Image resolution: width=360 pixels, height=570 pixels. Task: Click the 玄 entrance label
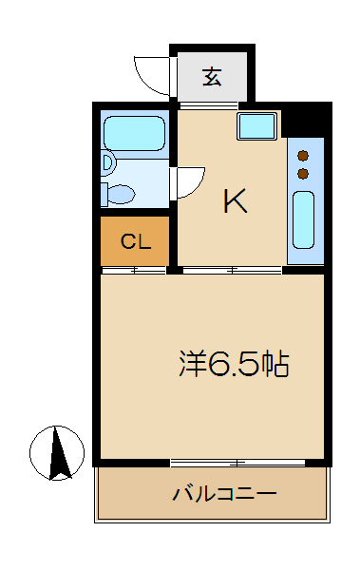[x=212, y=77]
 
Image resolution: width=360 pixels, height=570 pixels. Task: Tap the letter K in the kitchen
[x=236, y=200]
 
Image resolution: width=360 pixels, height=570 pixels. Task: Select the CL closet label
[x=135, y=241]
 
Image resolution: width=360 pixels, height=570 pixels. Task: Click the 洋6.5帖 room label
[x=235, y=363]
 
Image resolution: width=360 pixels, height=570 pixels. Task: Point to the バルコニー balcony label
[x=224, y=493]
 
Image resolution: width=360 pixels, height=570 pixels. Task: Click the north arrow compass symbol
[x=57, y=453]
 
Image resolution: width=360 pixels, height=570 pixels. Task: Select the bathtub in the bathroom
[x=134, y=133]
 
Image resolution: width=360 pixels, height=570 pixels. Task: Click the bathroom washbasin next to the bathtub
[x=108, y=162]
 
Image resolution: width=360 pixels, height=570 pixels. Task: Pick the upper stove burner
[x=303, y=156]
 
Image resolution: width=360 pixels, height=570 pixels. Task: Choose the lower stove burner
[x=303, y=174]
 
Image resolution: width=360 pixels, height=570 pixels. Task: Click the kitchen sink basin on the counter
[x=303, y=220]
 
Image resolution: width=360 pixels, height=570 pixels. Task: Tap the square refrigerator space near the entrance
[x=256, y=125]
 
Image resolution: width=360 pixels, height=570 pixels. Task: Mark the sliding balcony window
[x=237, y=463]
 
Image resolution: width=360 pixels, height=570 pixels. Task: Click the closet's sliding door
[x=134, y=270]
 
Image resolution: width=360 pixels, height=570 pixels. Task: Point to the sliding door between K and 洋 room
[x=232, y=270]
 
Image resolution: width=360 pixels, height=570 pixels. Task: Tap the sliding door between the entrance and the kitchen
[x=209, y=105]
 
